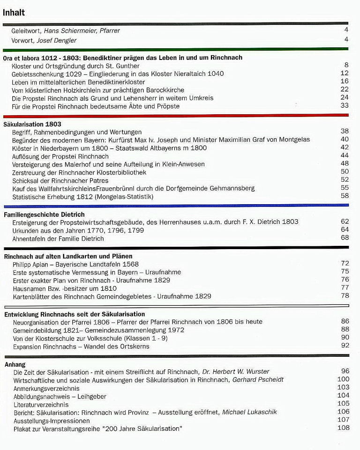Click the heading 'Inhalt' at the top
click(x=14, y=13)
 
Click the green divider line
click(x=176, y=49)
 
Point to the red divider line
click(x=176, y=115)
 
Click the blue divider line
click(x=176, y=206)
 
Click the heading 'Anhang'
click(x=15, y=364)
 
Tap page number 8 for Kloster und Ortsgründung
click(x=346, y=65)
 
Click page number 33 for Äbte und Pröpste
click(x=345, y=106)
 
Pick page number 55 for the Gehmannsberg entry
click(x=345, y=188)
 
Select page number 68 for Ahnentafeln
click(x=345, y=238)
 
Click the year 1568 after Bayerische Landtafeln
click(x=127, y=264)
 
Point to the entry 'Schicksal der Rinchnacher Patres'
click(x=60, y=180)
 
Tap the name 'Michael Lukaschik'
click(x=250, y=412)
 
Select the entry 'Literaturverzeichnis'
click(x=41, y=404)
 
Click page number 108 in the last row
click(x=343, y=428)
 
